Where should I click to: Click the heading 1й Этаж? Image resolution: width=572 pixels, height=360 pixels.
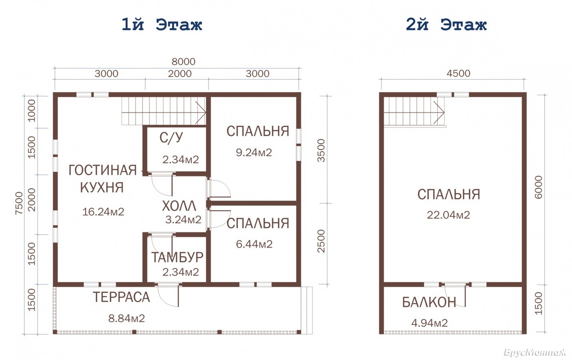(162, 25)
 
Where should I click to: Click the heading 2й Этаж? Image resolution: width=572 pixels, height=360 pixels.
(446, 25)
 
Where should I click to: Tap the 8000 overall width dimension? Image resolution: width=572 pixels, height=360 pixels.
(183, 62)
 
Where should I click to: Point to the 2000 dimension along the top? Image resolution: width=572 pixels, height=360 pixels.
(179, 74)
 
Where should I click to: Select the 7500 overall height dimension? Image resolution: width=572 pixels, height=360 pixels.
(20, 203)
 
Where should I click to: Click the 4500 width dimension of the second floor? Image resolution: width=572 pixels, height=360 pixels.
(458, 73)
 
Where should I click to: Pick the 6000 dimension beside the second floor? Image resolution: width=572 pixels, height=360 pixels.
(538, 187)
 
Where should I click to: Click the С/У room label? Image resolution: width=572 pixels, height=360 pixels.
(171, 138)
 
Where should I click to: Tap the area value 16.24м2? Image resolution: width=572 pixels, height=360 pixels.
(103, 212)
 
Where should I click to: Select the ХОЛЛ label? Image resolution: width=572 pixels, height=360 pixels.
(179, 206)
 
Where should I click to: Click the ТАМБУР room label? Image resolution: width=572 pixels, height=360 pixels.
(177, 257)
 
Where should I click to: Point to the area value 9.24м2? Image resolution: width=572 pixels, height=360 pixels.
(254, 152)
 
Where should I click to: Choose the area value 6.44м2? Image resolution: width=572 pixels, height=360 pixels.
(254, 244)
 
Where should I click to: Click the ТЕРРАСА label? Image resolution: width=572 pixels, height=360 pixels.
(121, 297)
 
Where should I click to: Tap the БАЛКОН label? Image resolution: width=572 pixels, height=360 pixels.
(429, 302)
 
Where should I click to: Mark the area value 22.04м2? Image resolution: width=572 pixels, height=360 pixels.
(448, 215)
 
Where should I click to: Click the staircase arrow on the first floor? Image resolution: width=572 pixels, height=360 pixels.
(201, 112)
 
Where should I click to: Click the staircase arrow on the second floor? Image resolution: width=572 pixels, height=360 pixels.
(439, 112)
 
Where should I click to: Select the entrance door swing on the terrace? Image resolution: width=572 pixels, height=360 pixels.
(168, 295)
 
